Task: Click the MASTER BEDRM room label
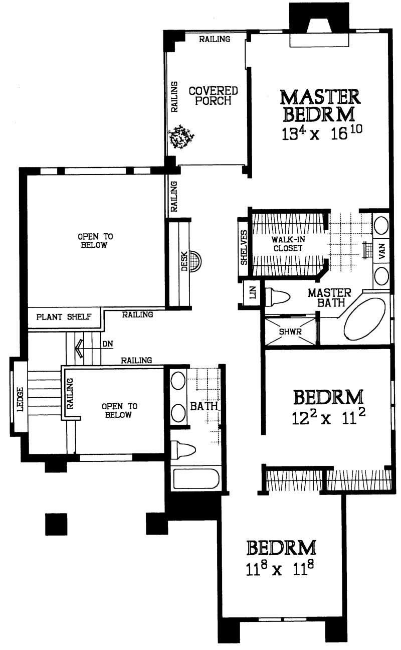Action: (320, 105)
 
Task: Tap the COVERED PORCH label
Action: (213, 96)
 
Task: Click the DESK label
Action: (184, 261)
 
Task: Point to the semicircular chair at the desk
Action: (197, 261)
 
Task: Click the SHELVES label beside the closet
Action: (244, 247)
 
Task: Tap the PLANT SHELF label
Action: (64, 317)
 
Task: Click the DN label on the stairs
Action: (107, 345)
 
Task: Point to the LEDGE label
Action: (20, 399)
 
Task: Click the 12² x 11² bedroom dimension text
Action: (327, 418)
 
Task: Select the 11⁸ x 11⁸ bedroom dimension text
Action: (282, 570)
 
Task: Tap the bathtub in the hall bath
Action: (196, 478)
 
